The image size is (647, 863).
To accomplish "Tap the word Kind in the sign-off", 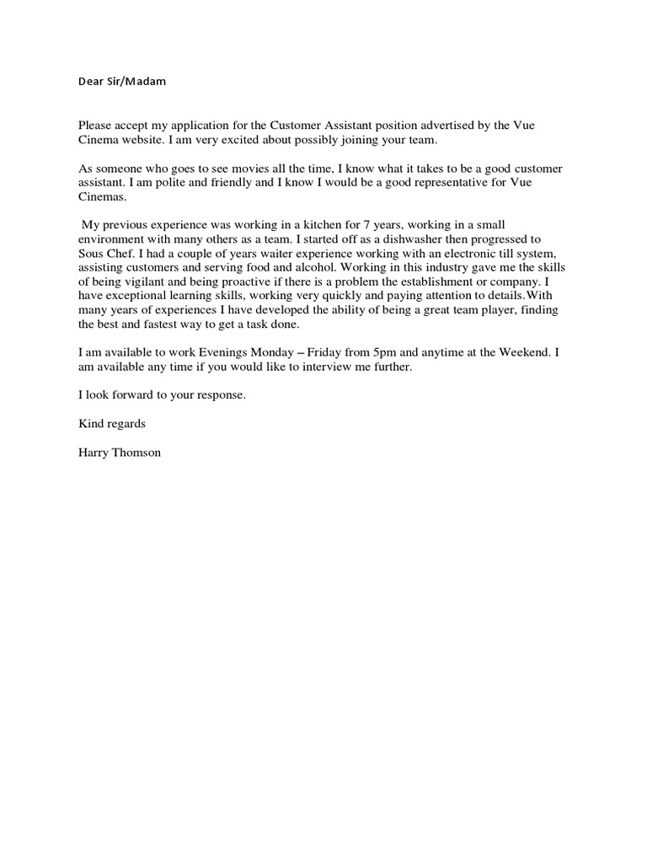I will click(92, 424).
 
